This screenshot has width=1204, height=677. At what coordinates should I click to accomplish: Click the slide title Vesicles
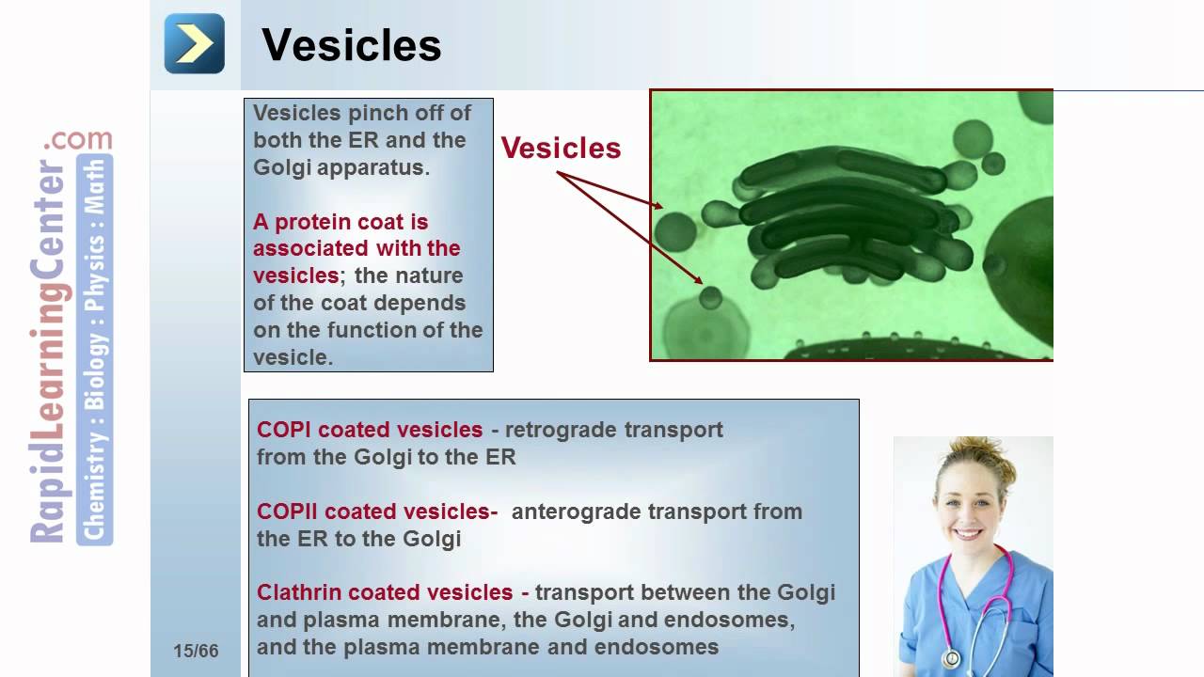(351, 45)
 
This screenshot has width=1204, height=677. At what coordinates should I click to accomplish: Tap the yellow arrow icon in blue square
(195, 43)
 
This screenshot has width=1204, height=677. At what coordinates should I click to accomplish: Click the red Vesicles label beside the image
(561, 149)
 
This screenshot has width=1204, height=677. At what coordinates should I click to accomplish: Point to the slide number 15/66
(196, 652)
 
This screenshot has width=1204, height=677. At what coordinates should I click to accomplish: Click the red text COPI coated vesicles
(370, 430)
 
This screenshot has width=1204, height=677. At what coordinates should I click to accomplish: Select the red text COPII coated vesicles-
(377, 512)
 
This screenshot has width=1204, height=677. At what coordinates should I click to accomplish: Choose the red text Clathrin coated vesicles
(385, 592)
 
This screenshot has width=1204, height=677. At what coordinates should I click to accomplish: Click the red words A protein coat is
(341, 222)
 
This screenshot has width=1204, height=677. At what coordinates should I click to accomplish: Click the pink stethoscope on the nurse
(978, 602)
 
